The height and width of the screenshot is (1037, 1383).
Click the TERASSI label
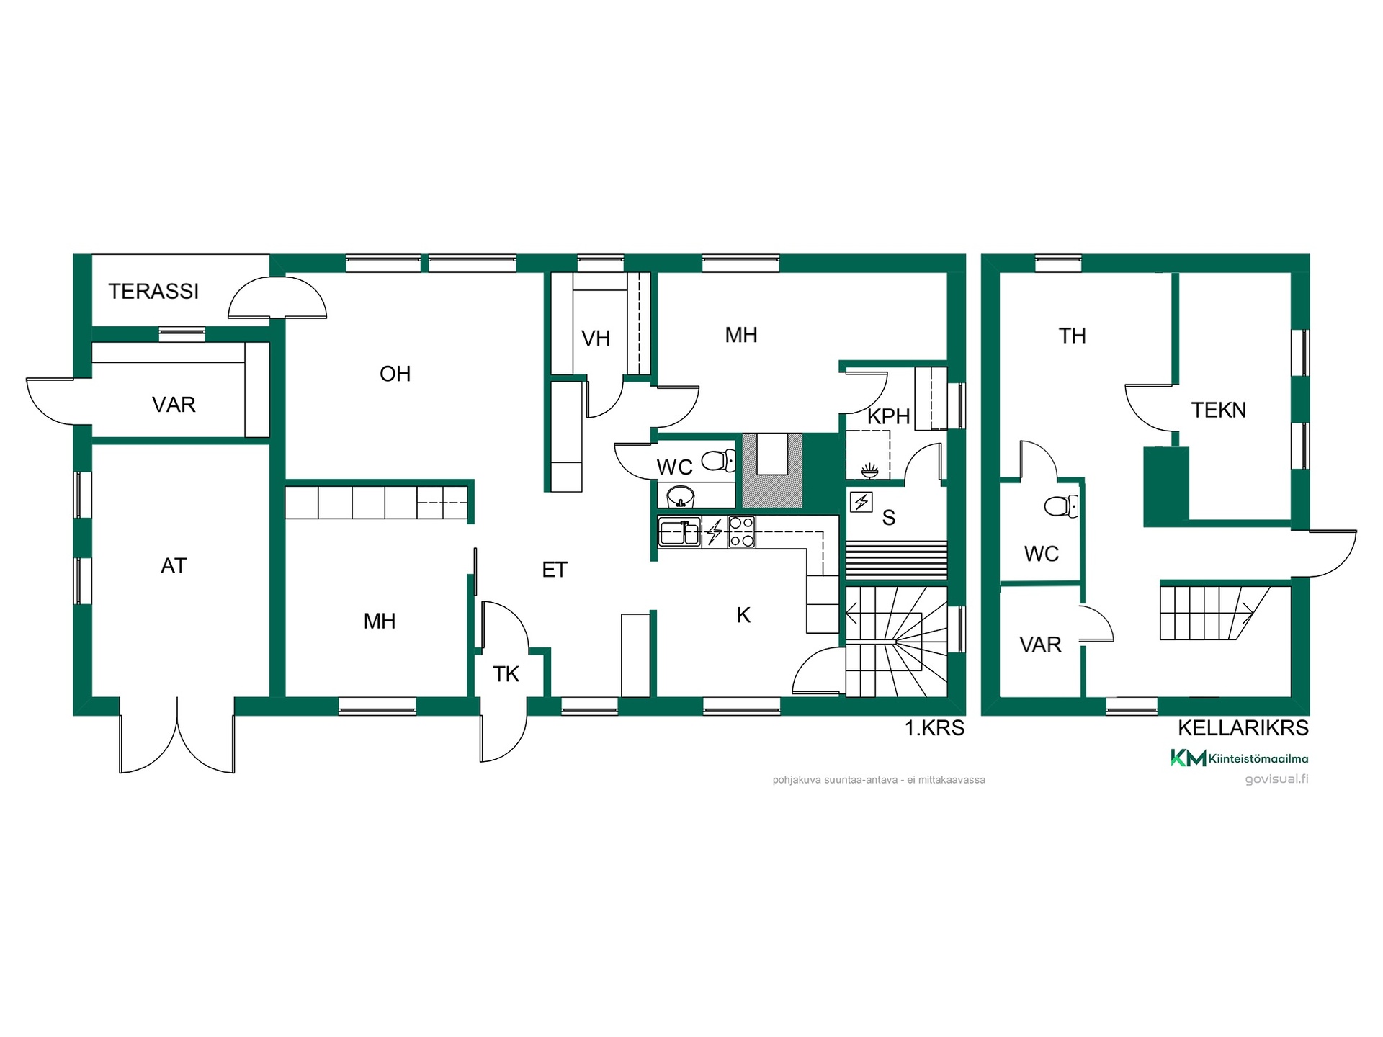(x=153, y=292)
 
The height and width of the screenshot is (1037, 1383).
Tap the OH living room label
(x=395, y=374)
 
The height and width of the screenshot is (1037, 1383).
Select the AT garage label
(x=174, y=566)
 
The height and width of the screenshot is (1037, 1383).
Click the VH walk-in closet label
(x=596, y=338)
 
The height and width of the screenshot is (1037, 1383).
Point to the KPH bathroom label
(x=888, y=416)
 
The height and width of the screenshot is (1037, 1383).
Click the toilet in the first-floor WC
(x=718, y=460)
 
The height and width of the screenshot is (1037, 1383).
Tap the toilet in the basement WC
(x=1062, y=506)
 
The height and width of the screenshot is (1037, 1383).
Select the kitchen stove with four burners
(x=741, y=532)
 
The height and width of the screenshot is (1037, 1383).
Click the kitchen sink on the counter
(x=679, y=532)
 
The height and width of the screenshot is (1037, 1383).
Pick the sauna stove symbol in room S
(x=861, y=501)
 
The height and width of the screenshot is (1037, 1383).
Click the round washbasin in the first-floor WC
(x=680, y=496)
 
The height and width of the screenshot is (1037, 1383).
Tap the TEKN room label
(x=1219, y=410)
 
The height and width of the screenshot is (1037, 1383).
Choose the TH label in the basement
(x=1072, y=336)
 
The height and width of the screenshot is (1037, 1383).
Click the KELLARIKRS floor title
(x=1243, y=728)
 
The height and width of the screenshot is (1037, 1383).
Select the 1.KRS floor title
(x=934, y=728)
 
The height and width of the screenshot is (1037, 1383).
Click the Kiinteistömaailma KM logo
(x=1239, y=758)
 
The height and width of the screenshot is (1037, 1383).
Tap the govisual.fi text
(x=1276, y=779)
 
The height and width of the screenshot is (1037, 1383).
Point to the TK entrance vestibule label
(x=506, y=674)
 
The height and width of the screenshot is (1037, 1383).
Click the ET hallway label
(x=555, y=570)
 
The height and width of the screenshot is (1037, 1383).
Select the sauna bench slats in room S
(x=896, y=560)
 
